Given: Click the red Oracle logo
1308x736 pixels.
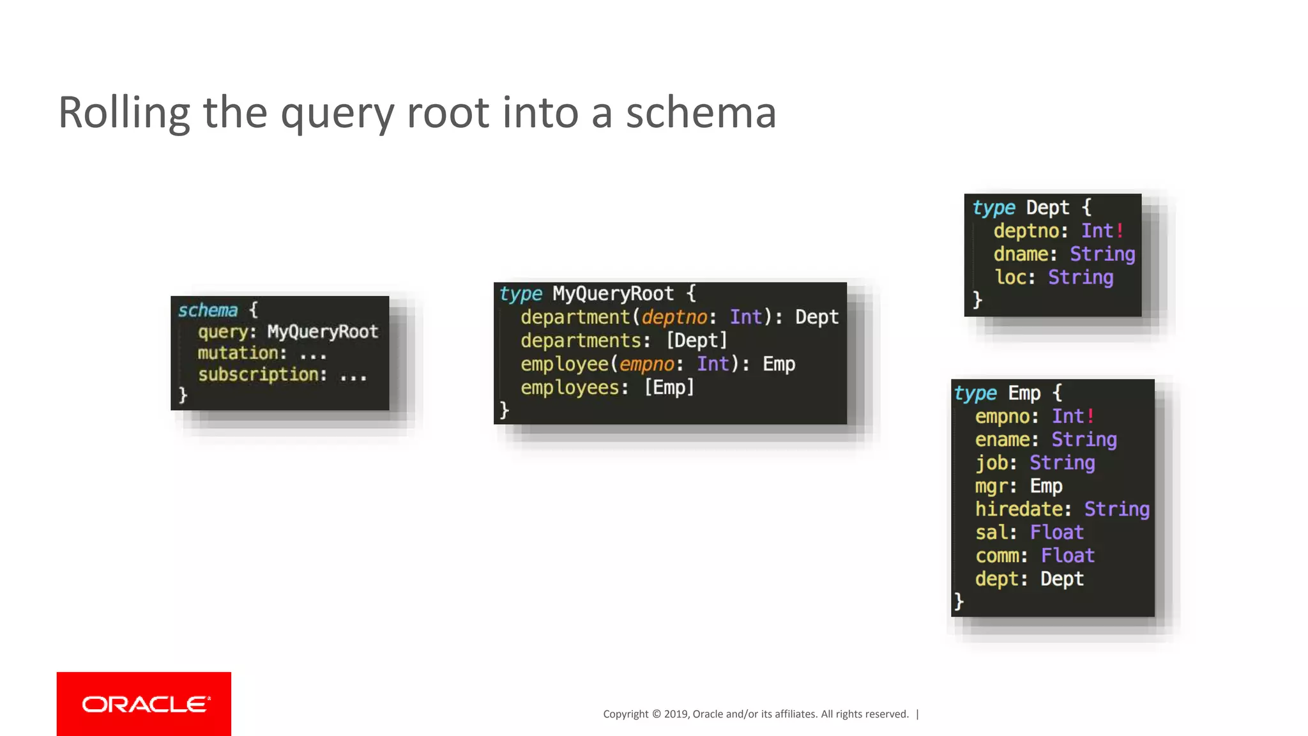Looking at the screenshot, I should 144,703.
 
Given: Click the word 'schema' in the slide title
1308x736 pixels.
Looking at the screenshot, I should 701,112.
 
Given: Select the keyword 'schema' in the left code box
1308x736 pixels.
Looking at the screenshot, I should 208,310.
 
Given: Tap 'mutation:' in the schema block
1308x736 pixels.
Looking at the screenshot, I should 241,353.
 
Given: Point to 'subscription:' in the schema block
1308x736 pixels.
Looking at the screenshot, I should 262,374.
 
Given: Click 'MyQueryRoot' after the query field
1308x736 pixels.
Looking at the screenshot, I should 323,332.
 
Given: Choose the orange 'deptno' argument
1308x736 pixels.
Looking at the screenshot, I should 674,318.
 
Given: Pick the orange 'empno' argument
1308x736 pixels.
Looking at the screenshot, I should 646,364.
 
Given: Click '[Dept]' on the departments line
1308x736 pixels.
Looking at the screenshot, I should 697,341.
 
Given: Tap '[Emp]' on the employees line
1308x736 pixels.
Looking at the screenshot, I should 669,387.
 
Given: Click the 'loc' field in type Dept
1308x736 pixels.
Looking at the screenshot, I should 1010,277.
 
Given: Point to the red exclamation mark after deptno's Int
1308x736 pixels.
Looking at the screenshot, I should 1120,231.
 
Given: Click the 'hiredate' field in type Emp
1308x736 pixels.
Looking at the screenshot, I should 1019,509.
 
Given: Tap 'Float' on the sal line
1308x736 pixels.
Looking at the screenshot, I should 1056,532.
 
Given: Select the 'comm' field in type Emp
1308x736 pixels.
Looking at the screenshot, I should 997,556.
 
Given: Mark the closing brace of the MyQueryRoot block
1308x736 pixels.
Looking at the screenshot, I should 505,410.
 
